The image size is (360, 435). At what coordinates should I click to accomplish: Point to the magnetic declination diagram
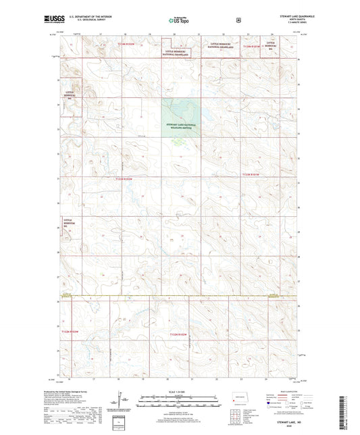[122, 404]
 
